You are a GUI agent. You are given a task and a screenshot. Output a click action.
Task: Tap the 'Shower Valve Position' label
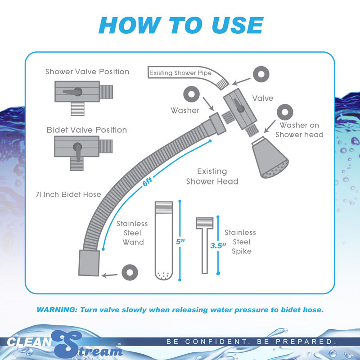pyautogui.click(x=87, y=72)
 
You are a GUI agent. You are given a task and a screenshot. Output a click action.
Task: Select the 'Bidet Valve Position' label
pyautogui.click(x=87, y=130)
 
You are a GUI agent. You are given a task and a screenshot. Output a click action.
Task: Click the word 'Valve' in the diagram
pyautogui.click(x=263, y=98)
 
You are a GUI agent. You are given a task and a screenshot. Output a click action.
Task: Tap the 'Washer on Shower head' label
pyautogui.click(x=299, y=130)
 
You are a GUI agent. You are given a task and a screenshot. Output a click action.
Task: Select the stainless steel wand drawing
pyautogui.click(x=164, y=241)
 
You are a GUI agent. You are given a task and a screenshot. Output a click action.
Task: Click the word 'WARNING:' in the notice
pyautogui.click(x=58, y=310)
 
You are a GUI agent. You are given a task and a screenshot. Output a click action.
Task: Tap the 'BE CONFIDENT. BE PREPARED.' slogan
pyautogui.click(x=252, y=342)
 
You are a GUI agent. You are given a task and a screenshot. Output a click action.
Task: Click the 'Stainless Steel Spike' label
pyautogui.click(x=240, y=242)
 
